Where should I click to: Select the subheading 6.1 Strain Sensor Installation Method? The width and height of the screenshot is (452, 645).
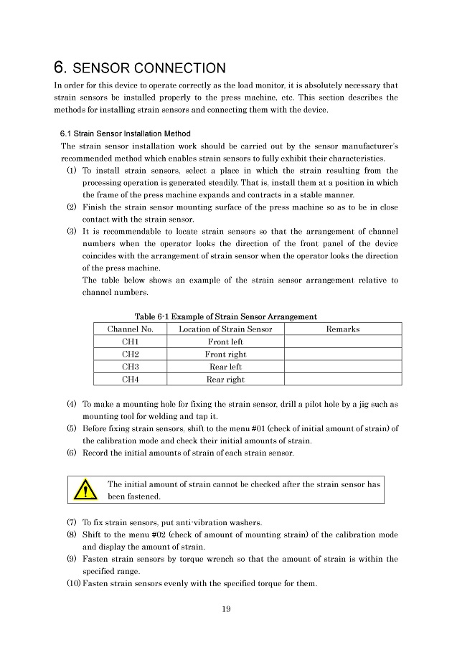tap(125, 133)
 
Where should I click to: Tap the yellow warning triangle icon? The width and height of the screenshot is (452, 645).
tap(86, 490)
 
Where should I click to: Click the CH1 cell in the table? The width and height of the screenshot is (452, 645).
tap(130, 342)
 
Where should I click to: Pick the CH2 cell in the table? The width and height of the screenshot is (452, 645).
tap(130, 354)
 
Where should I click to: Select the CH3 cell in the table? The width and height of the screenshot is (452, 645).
tap(130, 367)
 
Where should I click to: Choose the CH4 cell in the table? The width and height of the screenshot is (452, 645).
tap(130, 380)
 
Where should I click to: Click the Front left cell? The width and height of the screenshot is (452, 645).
tap(225, 342)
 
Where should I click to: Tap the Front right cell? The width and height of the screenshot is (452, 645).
tap(225, 354)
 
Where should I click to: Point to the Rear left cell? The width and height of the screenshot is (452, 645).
tap(225, 367)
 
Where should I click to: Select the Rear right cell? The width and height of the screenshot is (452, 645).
tap(225, 380)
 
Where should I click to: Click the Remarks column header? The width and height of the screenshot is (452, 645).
tap(343, 329)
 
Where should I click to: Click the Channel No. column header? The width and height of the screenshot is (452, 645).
tap(130, 329)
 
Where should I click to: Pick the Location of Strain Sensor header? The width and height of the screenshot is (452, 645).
tap(225, 329)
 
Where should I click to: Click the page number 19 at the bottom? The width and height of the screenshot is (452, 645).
tap(226, 610)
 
